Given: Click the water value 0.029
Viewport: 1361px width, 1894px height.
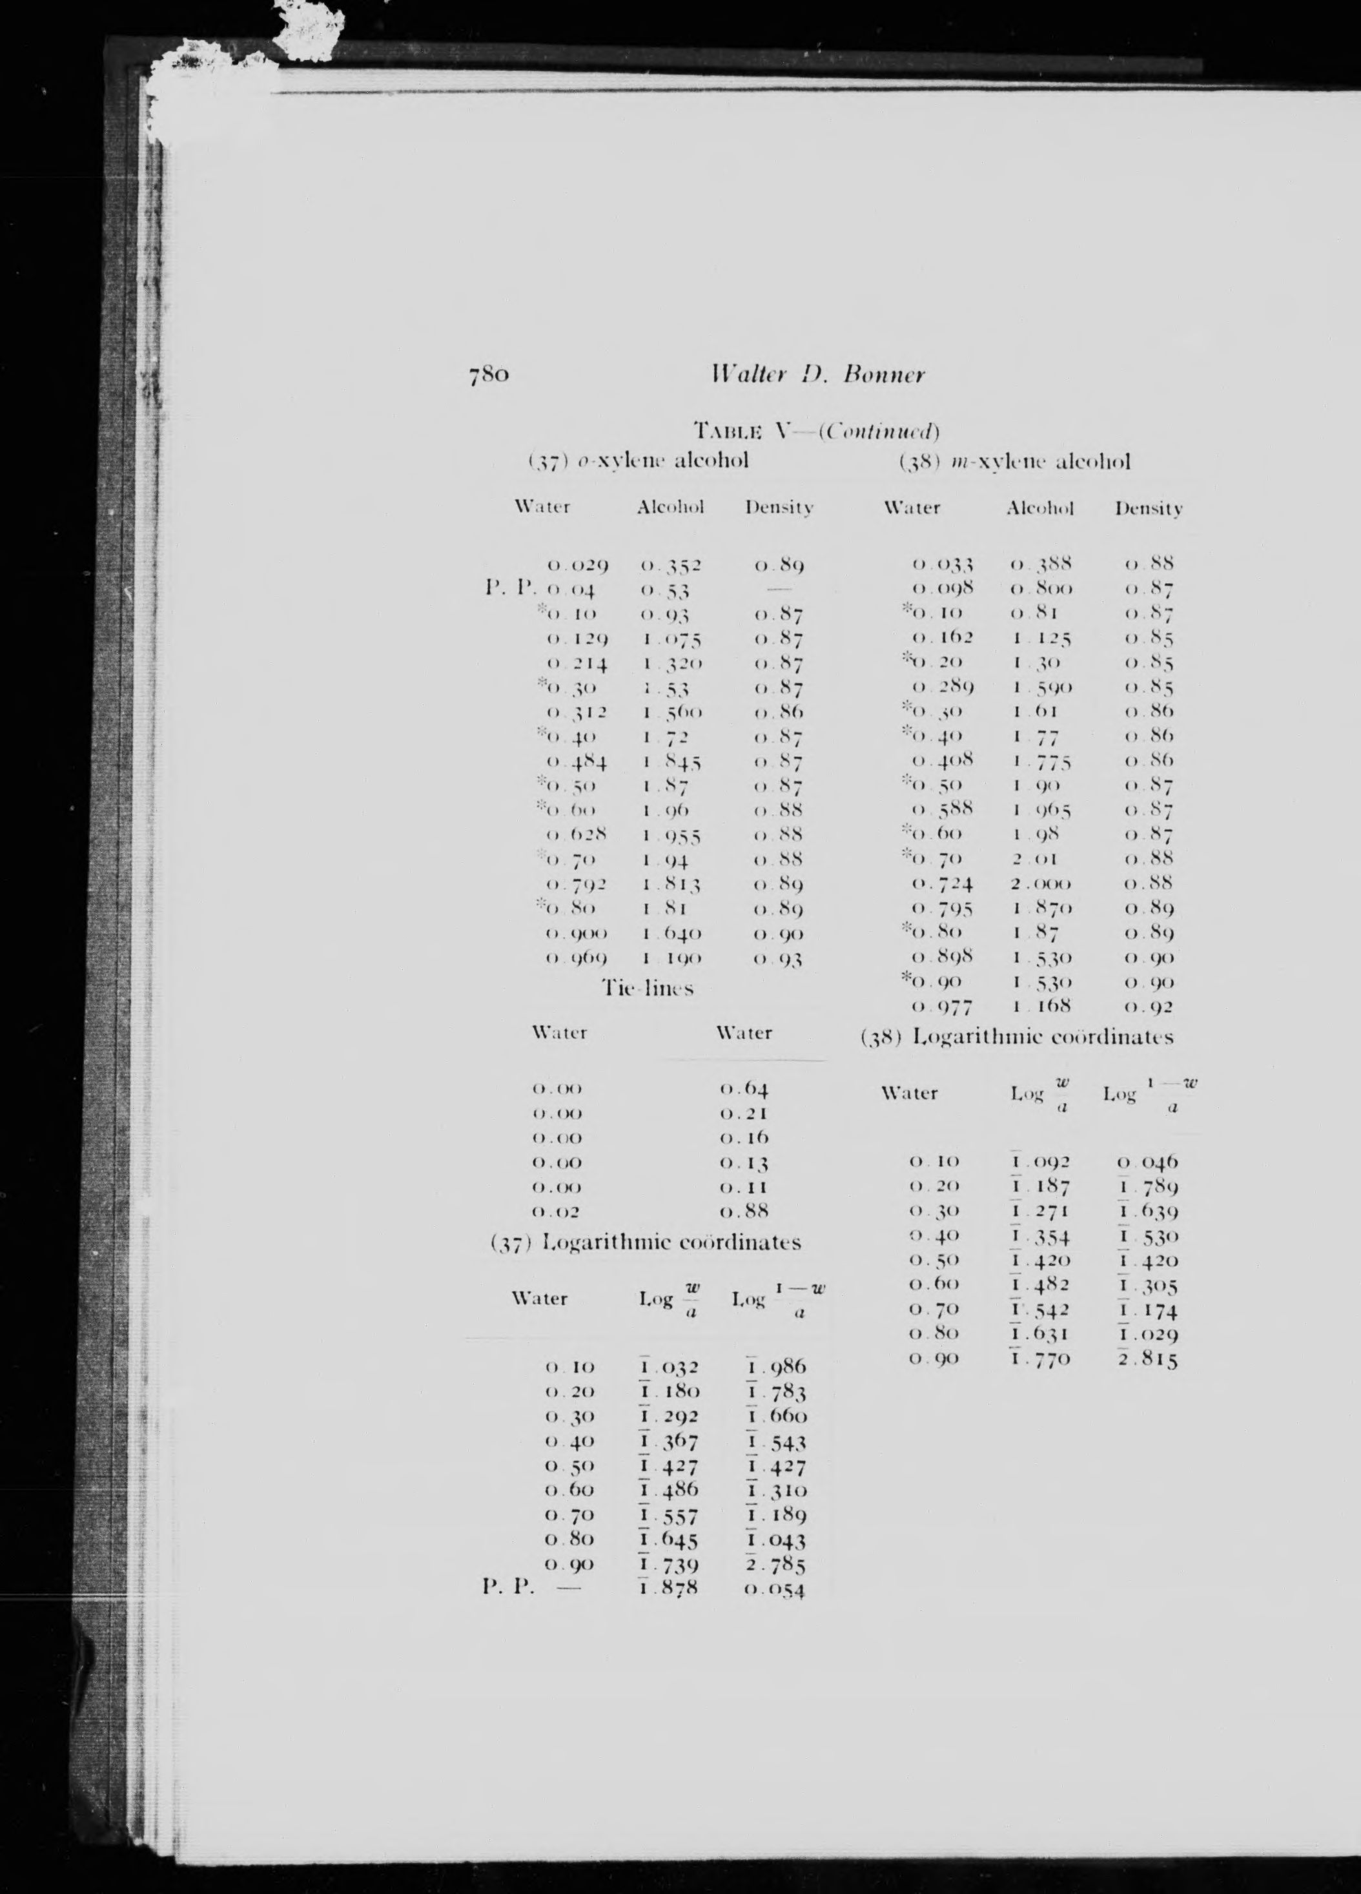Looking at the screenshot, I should pos(577,566).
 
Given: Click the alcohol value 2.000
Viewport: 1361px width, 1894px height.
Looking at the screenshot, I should pos(1040,883).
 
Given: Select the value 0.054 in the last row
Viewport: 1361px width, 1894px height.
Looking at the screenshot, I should pos(774,1590).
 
